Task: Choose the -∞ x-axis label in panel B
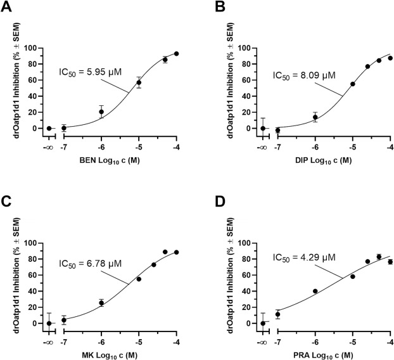click(262, 147)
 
